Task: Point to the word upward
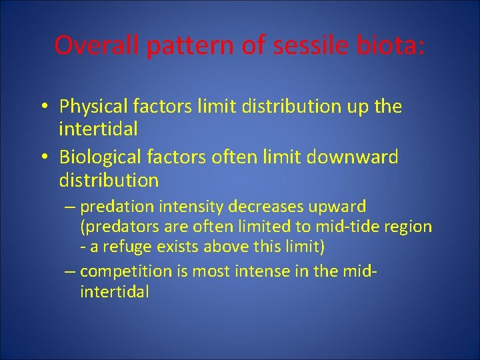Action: click(339, 207)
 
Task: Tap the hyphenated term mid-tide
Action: click(344, 227)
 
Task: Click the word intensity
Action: click(190, 207)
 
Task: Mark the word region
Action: click(408, 227)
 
